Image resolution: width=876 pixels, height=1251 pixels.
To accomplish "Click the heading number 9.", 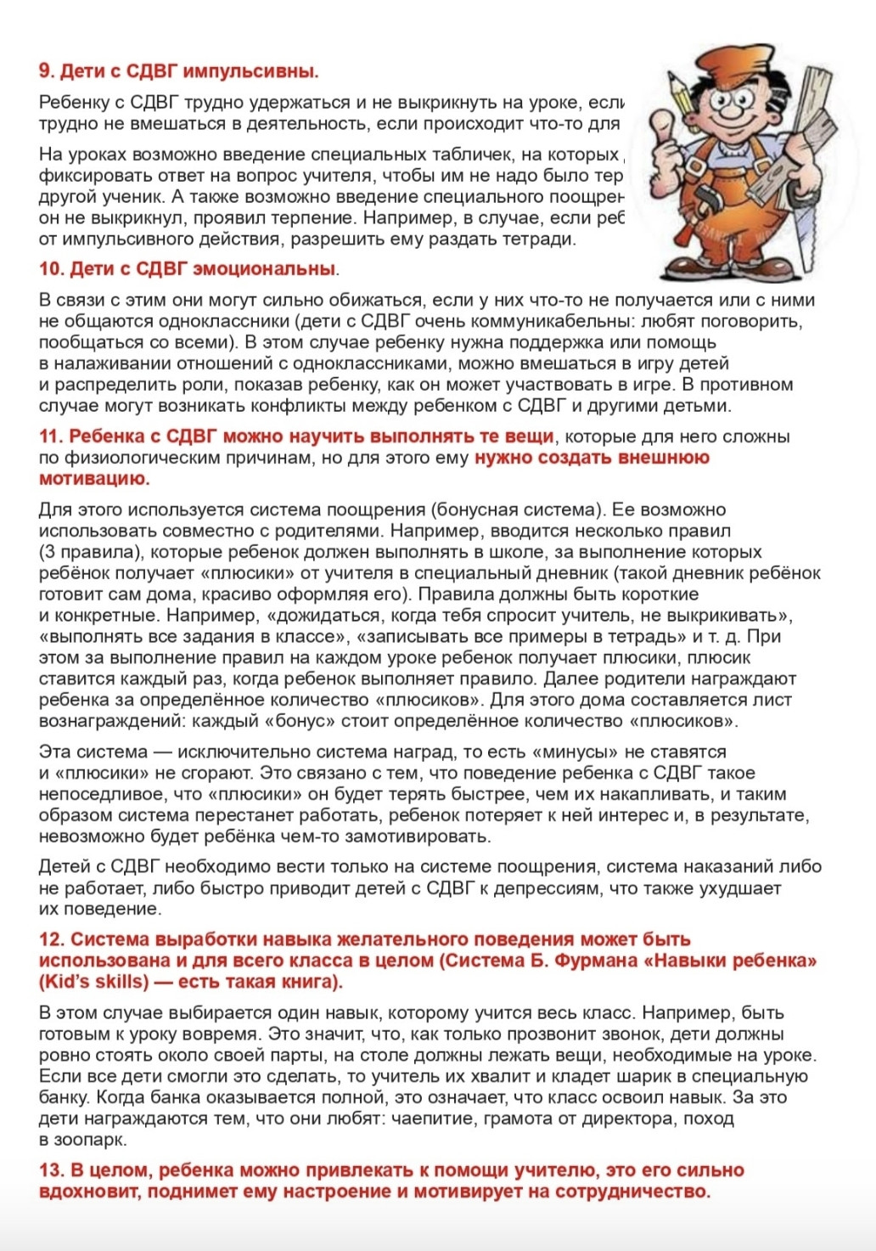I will click(47, 71).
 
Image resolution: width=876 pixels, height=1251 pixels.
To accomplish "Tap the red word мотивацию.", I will click(94, 478).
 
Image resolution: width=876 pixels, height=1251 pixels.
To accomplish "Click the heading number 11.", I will click(51, 437).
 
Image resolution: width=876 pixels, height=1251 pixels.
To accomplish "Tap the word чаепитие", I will click(435, 1119).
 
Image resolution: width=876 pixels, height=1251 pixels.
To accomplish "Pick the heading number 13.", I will click(51, 1170).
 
